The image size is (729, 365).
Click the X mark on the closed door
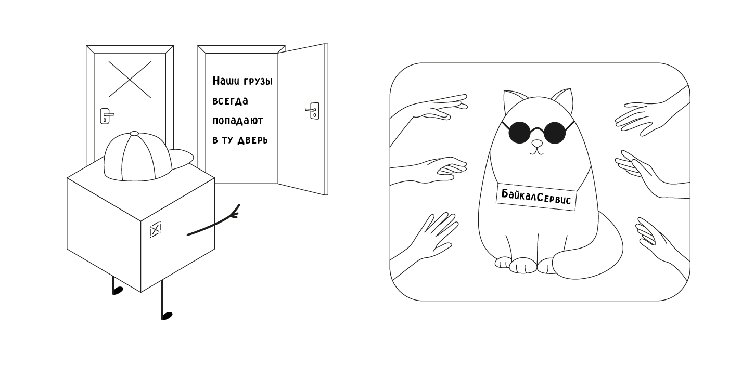tap(130, 80)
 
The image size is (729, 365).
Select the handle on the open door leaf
tap(313, 111)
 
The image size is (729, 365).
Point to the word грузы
tap(258, 81)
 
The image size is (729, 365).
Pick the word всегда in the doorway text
tap(230, 101)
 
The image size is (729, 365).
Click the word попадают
tap(238, 121)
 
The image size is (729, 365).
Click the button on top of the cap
tap(134, 134)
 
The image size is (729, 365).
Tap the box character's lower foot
tap(167, 316)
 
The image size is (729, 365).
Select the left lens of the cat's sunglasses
tap(519, 132)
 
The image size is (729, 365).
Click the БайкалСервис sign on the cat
tap(536, 197)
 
